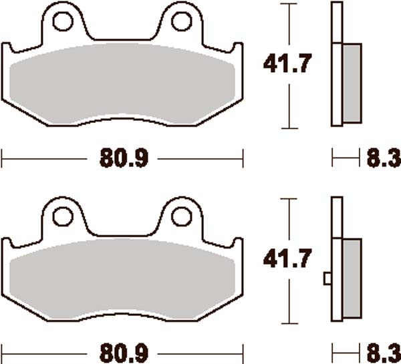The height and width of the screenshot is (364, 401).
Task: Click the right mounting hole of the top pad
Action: click(x=180, y=21)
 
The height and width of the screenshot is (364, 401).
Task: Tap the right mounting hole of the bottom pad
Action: click(x=180, y=216)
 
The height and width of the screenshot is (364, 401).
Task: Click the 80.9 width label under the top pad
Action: click(x=123, y=159)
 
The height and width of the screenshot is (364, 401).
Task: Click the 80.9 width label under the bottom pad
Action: click(x=123, y=353)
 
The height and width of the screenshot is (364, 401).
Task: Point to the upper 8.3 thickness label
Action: click(x=383, y=159)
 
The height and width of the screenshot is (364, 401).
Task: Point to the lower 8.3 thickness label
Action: click(x=383, y=353)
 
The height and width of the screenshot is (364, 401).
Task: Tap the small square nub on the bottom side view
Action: click(x=327, y=278)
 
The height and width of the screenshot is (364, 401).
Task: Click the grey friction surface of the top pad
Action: click(x=122, y=83)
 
